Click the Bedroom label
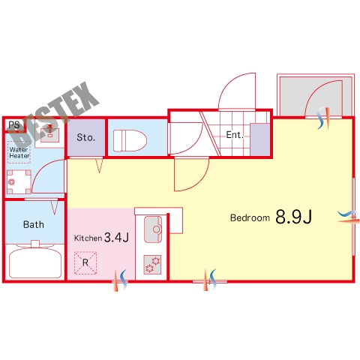tap(250, 217)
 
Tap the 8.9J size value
tap(294, 217)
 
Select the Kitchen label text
tap(88, 238)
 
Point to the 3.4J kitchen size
tap(116, 237)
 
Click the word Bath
tap(34, 224)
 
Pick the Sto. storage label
tap(86, 137)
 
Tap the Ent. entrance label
tap(235, 135)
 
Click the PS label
tap(14, 124)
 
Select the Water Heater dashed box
tap(19, 152)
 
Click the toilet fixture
tap(130, 140)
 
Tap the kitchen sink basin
tap(153, 229)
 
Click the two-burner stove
tap(152, 265)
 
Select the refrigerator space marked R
tap(85, 262)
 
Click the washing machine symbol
tap(19, 182)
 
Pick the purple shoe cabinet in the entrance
tap(260, 139)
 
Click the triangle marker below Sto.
tap(100, 166)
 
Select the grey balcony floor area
tap(316, 96)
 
